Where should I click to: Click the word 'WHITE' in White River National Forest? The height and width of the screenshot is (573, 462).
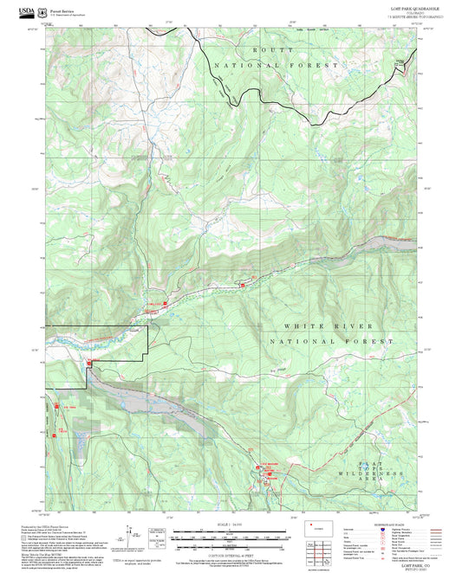[302, 326]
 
